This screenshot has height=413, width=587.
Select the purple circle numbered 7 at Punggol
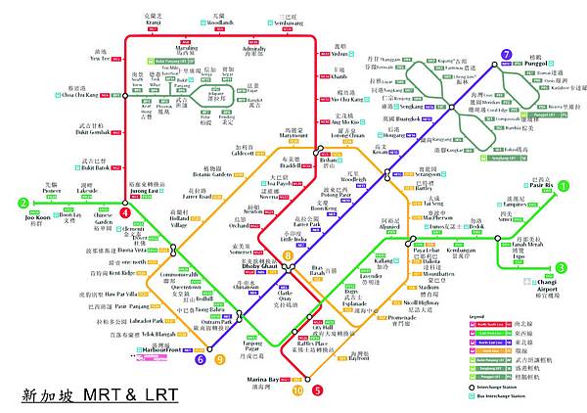tap(506, 56)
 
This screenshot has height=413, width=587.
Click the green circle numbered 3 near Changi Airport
tap(561, 268)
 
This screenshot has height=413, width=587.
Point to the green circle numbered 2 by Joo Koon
tap(22, 204)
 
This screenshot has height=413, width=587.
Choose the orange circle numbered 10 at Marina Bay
tap(297, 390)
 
